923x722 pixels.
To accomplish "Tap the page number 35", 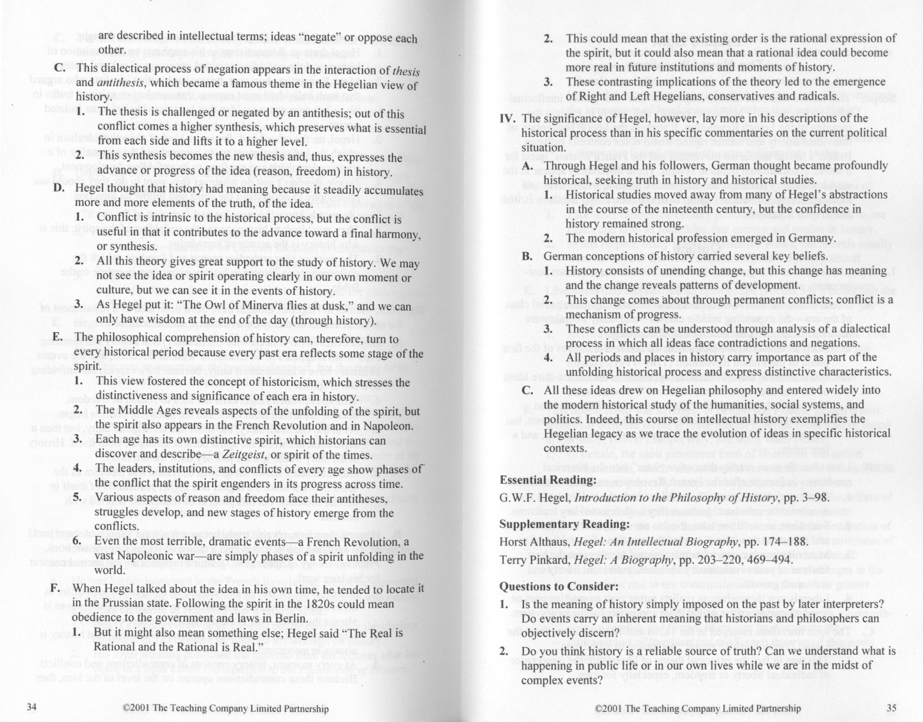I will click(x=891, y=708).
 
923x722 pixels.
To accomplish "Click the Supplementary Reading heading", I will click(x=565, y=524).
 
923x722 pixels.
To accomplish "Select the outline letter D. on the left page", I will click(x=58, y=188).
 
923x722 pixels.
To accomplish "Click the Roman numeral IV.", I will click(x=507, y=118).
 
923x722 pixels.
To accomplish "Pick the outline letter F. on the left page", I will click(x=55, y=589).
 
